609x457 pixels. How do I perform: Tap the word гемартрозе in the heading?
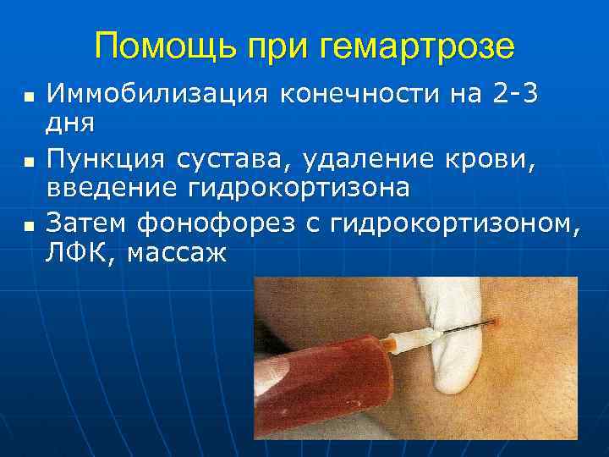click(419, 46)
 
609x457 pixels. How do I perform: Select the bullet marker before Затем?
click(29, 226)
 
